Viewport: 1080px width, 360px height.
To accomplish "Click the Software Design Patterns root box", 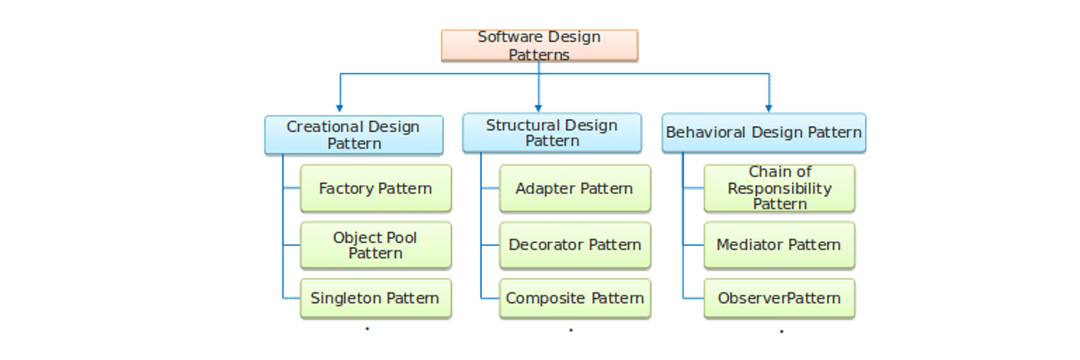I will [x=539, y=45].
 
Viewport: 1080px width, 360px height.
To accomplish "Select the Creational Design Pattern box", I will [x=354, y=135].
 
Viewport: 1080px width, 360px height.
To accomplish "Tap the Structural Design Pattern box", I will [x=552, y=133].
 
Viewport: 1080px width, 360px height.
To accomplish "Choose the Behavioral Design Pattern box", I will [x=763, y=133].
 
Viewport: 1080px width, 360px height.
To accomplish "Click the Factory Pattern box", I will [x=375, y=188].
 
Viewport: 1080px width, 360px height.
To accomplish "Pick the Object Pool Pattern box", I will [x=375, y=245].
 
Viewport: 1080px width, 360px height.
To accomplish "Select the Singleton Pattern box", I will [x=375, y=298].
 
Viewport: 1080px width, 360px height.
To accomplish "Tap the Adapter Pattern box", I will [x=574, y=188].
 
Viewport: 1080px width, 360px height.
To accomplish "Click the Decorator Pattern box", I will [x=574, y=245].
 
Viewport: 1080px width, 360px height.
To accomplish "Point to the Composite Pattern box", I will [x=574, y=298].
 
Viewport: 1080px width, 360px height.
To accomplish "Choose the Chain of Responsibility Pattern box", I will [x=779, y=188].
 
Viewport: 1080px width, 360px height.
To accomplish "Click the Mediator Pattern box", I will [x=779, y=245].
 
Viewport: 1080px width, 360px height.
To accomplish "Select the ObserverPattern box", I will [x=779, y=298].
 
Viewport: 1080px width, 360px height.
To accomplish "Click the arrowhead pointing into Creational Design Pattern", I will [x=339, y=107].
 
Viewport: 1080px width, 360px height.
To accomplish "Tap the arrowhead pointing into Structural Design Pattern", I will [x=538, y=107].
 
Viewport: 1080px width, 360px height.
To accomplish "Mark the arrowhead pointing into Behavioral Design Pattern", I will [x=768, y=107].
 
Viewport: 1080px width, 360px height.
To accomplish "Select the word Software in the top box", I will [x=508, y=37].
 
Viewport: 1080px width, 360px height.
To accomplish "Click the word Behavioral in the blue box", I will [x=706, y=132].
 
